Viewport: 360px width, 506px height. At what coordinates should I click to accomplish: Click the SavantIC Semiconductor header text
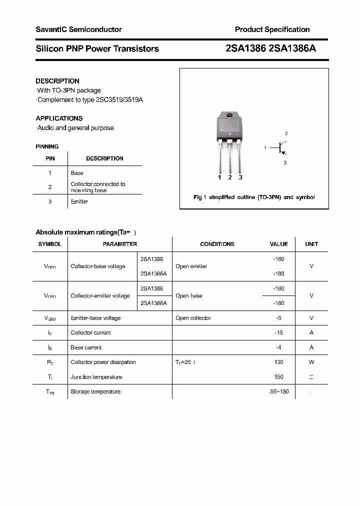coord(78,29)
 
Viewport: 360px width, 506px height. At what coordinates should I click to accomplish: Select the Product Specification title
coord(272,29)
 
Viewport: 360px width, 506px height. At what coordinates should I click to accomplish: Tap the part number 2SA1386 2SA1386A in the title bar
coord(270,48)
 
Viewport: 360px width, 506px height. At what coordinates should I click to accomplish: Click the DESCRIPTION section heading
coord(57,81)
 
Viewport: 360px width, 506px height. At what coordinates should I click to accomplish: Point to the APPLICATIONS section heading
coord(59,118)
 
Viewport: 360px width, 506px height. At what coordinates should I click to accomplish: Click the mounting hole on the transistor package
coord(229,116)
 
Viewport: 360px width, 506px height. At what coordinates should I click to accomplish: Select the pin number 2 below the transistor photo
coord(229,177)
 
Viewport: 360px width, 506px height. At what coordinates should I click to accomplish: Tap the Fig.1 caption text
coord(254,197)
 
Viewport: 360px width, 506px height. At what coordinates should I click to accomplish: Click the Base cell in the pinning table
coord(77,173)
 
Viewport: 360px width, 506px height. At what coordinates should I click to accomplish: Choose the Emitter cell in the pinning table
coord(79,201)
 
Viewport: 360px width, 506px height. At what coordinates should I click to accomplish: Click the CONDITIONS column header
coord(217,244)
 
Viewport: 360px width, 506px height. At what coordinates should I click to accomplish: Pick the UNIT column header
coord(311,244)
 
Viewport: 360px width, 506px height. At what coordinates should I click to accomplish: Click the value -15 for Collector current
coord(278,332)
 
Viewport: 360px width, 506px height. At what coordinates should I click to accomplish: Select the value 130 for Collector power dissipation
coord(278,362)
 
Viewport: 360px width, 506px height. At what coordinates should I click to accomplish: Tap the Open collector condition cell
coord(193,318)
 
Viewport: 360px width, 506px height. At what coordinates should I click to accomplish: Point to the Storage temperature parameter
coord(95,391)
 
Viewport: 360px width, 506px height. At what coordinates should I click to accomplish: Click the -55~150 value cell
coord(278,391)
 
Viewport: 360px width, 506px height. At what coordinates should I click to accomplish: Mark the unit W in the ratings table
coord(311,362)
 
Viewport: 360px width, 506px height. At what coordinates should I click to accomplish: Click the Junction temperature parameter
coord(96,377)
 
